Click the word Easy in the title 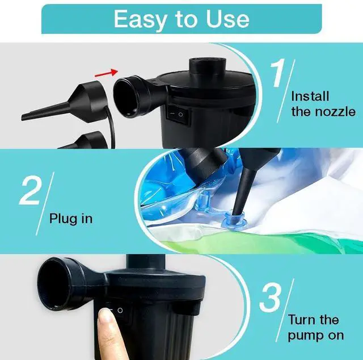[x=140, y=19]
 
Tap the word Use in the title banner [x=227, y=19]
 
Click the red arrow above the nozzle [x=107, y=73]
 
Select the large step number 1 [x=278, y=72]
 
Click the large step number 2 [x=30, y=191]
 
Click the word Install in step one [x=310, y=96]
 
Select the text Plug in [x=71, y=219]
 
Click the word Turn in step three [x=302, y=320]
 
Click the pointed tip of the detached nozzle [x=23, y=118]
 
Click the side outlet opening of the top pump [x=124, y=97]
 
